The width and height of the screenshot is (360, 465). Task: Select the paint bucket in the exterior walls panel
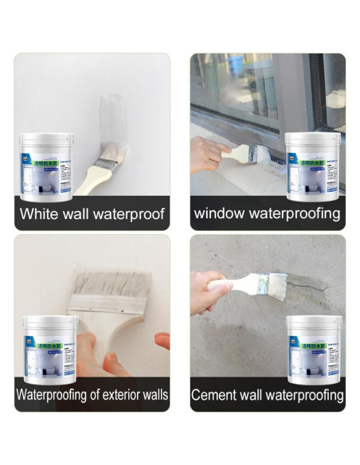point(48,347)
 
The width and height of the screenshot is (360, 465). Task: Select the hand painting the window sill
point(205,151)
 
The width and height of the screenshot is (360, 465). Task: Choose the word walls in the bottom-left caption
point(150,394)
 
